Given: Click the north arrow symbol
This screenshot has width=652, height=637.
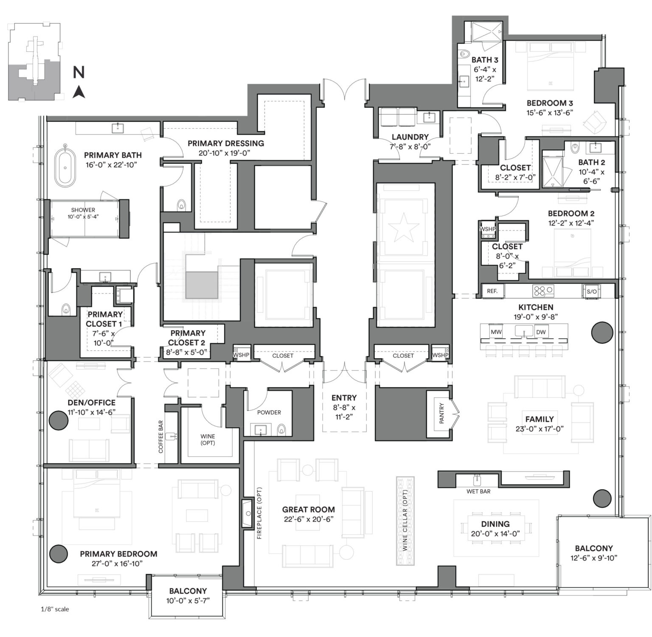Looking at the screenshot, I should pyautogui.click(x=79, y=91).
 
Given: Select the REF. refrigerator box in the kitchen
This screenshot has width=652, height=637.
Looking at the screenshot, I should pyautogui.click(x=492, y=291).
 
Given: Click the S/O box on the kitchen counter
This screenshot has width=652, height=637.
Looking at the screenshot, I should pyautogui.click(x=591, y=292).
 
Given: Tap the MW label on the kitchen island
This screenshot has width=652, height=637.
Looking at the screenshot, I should pyautogui.click(x=496, y=332).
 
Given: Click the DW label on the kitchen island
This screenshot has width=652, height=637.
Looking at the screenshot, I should pyautogui.click(x=541, y=332).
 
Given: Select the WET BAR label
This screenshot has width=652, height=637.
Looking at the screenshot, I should pyautogui.click(x=478, y=491).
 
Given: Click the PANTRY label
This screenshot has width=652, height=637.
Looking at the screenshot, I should pyautogui.click(x=441, y=413).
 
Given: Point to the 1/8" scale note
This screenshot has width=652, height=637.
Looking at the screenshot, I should pyautogui.click(x=55, y=609).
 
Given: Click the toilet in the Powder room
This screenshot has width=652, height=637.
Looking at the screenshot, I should pyautogui.click(x=281, y=431).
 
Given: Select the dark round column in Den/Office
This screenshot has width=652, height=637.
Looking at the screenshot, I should pyautogui.click(x=58, y=421).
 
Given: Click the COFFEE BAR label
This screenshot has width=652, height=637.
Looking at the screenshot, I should pyautogui.click(x=161, y=437).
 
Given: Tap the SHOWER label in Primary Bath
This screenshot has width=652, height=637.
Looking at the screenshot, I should pyautogui.click(x=83, y=210).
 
